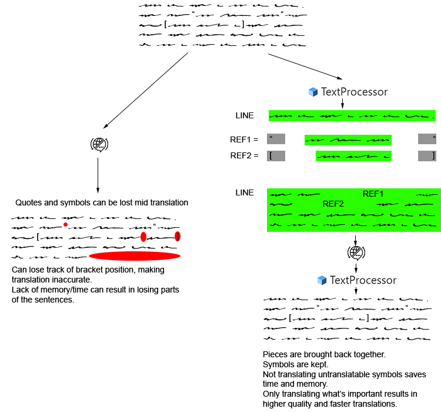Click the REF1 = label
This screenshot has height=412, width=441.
pyautogui.click(x=244, y=139)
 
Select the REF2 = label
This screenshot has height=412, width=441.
pyautogui.click(x=244, y=155)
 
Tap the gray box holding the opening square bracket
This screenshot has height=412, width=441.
pyautogui.click(x=276, y=156)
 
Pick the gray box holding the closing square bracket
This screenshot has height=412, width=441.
pyautogui.click(x=427, y=156)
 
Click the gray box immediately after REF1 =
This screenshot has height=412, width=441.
pyautogui.click(x=276, y=139)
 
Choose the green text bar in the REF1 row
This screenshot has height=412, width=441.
pyautogui.click(x=348, y=140)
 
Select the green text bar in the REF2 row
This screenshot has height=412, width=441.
pyautogui.click(x=353, y=156)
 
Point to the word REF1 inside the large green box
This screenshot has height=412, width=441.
pyautogui.click(x=373, y=194)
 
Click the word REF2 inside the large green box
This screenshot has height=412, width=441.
pyautogui.click(x=333, y=204)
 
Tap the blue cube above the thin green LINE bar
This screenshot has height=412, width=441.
pyautogui.click(x=313, y=92)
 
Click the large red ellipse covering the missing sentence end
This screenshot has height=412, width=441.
pyautogui.click(x=135, y=257)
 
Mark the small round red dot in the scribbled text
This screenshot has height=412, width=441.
pyautogui.click(x=66, y=224)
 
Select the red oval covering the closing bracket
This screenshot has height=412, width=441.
pyautogui.click(x=178, y=237)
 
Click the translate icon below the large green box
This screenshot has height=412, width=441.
pyautogui.click(x=356, y=252)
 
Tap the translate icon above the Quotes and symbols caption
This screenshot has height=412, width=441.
pyautogui.click(x=99, y=144)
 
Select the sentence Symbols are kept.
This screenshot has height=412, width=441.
pyautogui.click(x=292, y=365)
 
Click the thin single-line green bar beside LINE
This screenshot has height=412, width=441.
pyautogui.click(x=352, y=116)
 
